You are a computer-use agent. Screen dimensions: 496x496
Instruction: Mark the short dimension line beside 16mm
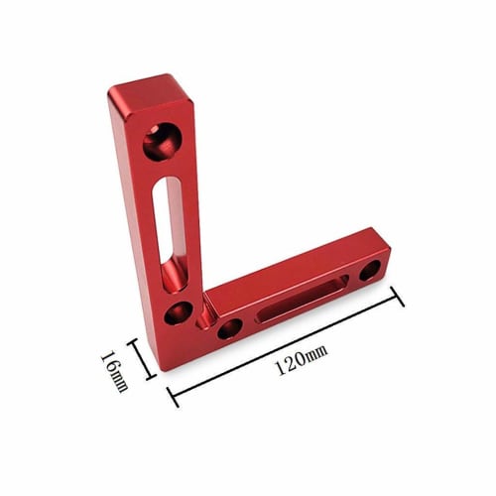pos(142,361)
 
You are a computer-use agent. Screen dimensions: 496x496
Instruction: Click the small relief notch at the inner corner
pos(205,315)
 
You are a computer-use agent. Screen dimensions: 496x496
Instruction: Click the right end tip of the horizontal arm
pos(388,267)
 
